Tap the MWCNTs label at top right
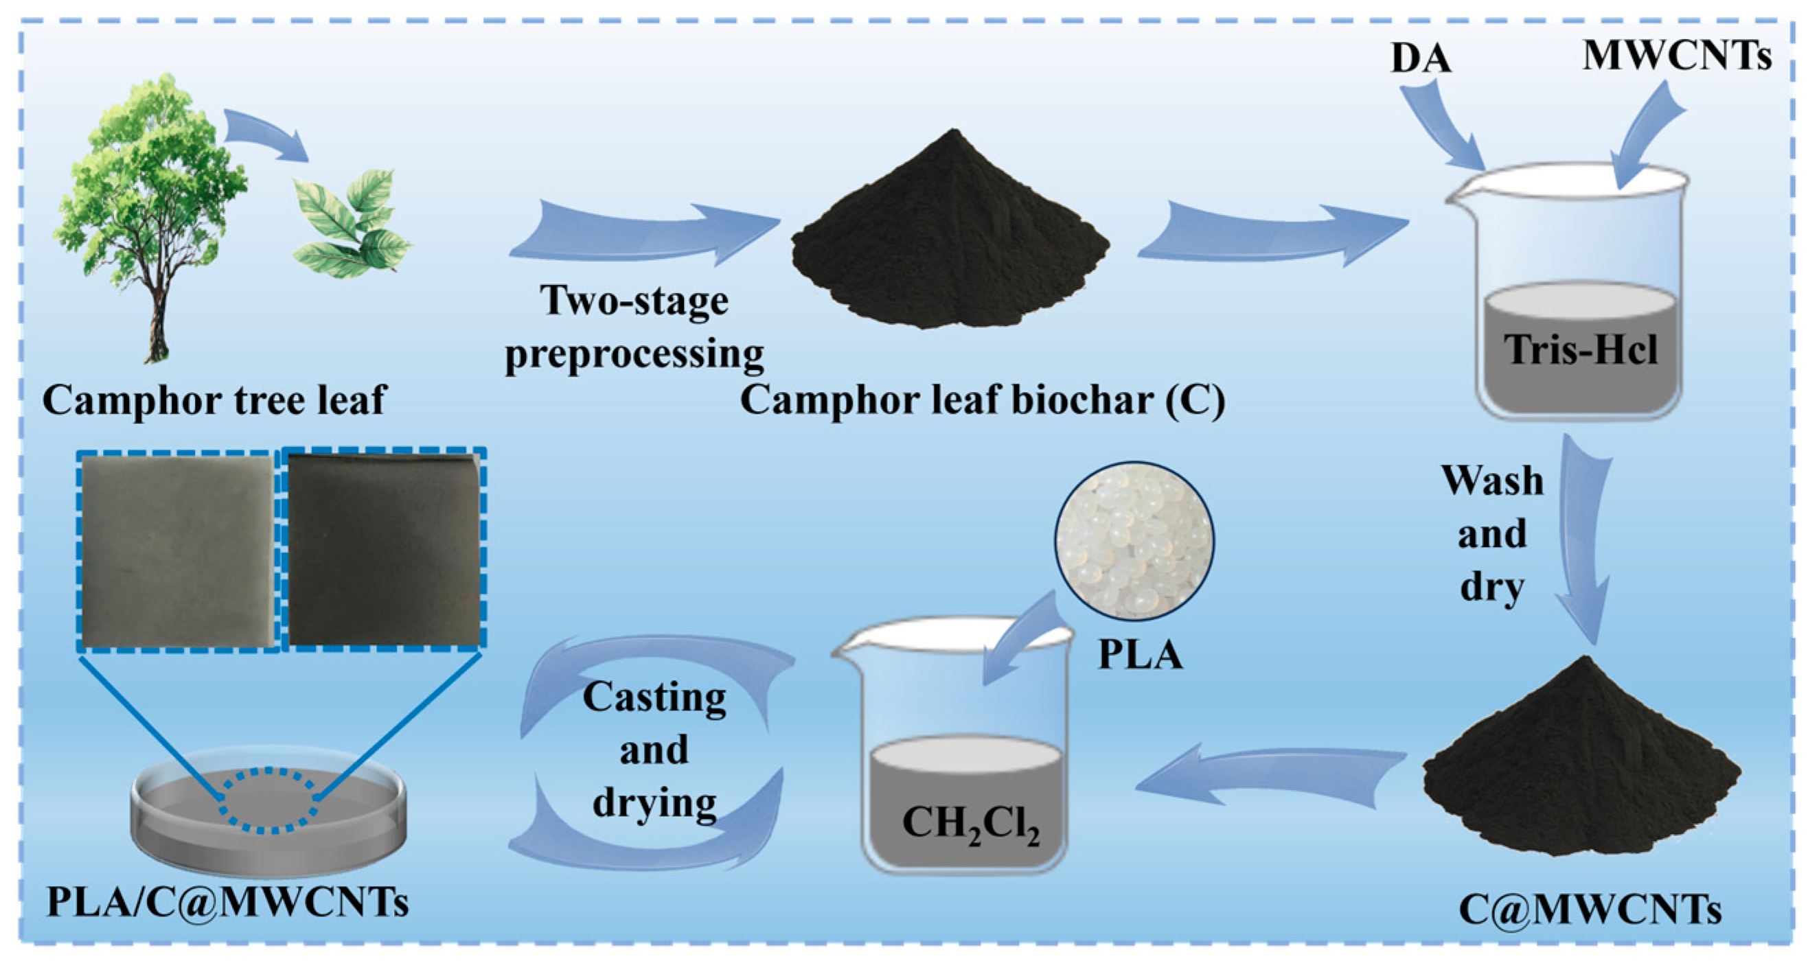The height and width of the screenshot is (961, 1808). pyautogui.click(x=1676, y=56)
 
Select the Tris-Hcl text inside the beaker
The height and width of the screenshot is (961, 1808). pyautogui.click(x=1580, y=349)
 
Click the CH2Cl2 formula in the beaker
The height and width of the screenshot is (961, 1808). pyautogui.click(x=970, y=824)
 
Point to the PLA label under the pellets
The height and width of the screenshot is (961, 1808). pyautogui.click(x=1140, y=655)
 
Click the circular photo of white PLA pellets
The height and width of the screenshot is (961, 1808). pyautogui.click(x=1134, y=541)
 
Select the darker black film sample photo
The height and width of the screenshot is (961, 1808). pyautogui.click(x=384, y=550)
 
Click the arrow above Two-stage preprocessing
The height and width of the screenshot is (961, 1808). pyautogui.click(x=642, y=235)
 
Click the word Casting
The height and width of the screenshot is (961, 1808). pyautogui.click(x=654, y=698)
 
